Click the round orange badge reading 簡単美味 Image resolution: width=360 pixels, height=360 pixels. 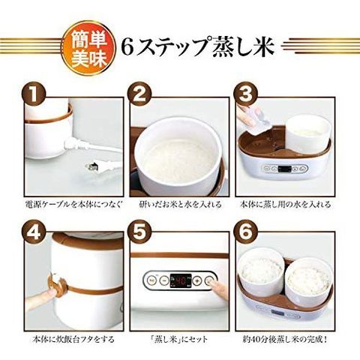pyautogui.click(x=88, y=48)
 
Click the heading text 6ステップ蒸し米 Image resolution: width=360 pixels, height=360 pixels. pyautogui.click(x=198, y=47)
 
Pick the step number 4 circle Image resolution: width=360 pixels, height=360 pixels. pyautogui.click(x=34, y=232)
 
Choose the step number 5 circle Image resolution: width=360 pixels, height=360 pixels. pyautogui.click(x=139, y=232)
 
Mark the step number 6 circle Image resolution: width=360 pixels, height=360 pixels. pyautogui.click(x=246, y=232)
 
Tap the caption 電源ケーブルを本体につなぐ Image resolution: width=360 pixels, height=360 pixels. pyautogui.click(x=74, y=204)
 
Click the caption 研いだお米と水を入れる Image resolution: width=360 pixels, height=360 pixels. pyautogui.click(x=180, y=204)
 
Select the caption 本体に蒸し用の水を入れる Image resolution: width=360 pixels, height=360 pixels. pyautogui.click(x=285, y=204)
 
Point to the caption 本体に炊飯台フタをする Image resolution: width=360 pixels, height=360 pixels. pyautogui.click(x=73, y=339)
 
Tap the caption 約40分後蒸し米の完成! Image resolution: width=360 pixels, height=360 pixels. pyautogui.click(x=285, y=339)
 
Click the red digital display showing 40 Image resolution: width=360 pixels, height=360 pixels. pyautogui.click(x=181, y=281)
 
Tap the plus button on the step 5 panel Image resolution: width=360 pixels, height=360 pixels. pyautogui.click(x=198, y=280)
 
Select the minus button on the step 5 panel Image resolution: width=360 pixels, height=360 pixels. pyautogui.click(x=164, y=280)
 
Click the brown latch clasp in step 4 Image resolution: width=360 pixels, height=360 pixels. pyautogui.click(x=58, y=285)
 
